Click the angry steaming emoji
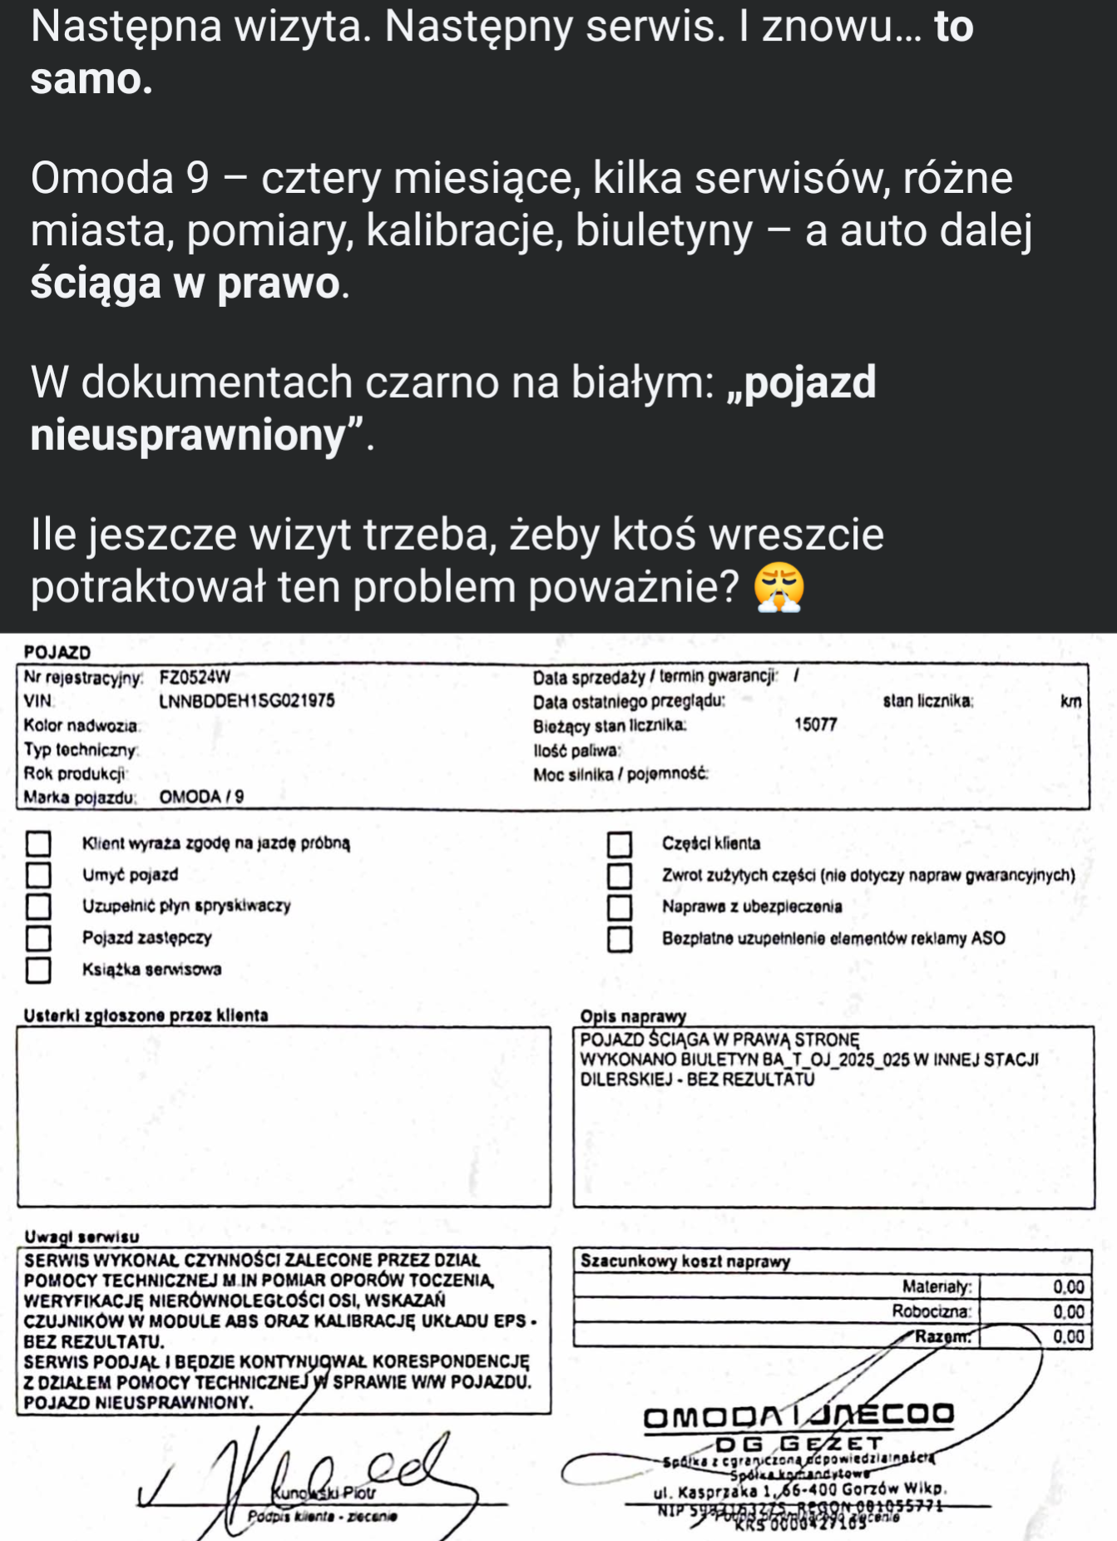778,587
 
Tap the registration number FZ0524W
195,677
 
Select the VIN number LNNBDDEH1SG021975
246,701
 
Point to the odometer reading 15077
815,724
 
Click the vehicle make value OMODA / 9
201,797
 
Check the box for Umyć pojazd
38,875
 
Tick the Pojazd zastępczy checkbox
38,938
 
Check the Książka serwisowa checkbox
38,970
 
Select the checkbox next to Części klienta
619,844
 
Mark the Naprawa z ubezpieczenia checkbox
619,907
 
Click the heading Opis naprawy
633,1016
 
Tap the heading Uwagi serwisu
82,1237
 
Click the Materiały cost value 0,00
1068,1287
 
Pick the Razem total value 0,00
1068,1337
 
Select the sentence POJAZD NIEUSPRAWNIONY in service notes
138,1403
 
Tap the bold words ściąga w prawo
185,284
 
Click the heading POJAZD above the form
57,653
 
